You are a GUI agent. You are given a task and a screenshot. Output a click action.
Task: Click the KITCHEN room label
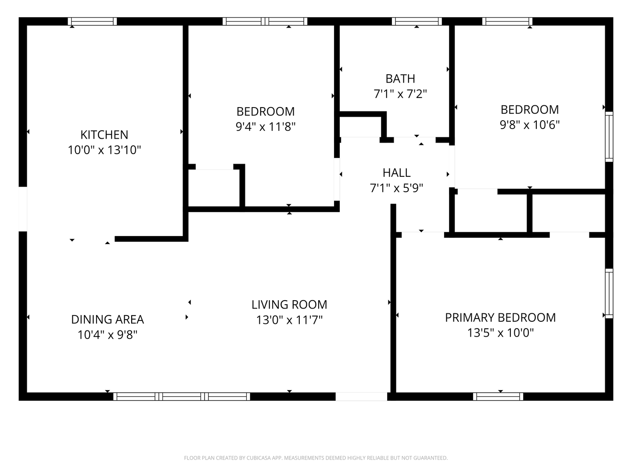[104, 135]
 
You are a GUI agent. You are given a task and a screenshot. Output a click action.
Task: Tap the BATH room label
[400, 79]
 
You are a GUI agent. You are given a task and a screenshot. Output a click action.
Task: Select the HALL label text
[396, 172]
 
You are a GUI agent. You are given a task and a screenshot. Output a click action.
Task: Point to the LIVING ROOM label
[289, 305]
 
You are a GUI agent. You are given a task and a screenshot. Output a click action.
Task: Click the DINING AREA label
[108, 320]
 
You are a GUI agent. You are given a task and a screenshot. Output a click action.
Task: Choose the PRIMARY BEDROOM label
[500, 318]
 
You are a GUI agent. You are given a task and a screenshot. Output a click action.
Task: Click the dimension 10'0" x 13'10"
[104, 150]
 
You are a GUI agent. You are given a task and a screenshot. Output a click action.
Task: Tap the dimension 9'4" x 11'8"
[266, 127]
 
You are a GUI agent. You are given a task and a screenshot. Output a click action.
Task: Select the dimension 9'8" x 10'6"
[530, 125]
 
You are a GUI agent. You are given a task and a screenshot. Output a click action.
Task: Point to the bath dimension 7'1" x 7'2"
[400, 94]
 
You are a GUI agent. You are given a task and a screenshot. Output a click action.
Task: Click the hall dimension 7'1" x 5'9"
[396, 188]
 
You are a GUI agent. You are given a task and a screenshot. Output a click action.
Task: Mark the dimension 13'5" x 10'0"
[500, 333]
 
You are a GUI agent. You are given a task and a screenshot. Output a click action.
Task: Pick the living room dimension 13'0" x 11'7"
[289, 320]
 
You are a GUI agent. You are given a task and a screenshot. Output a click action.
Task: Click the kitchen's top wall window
[93, 22]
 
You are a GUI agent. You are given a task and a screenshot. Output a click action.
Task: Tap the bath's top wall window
[417, 22]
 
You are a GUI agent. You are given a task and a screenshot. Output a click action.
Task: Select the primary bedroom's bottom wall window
[498, 396]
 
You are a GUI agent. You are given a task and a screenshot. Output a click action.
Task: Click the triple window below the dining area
[182, 396]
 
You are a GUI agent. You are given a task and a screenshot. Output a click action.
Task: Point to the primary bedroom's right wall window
[609, 293]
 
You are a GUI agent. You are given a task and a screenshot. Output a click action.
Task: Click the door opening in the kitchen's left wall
[23, 209]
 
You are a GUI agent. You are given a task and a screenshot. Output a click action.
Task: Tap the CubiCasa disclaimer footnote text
[316, 458]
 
